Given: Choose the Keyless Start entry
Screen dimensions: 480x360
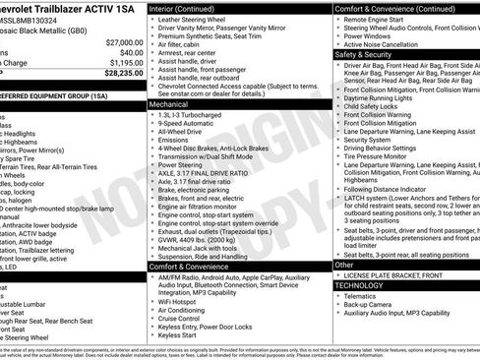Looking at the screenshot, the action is point(179,334).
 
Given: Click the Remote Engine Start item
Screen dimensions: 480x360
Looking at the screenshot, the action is point(372,20).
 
